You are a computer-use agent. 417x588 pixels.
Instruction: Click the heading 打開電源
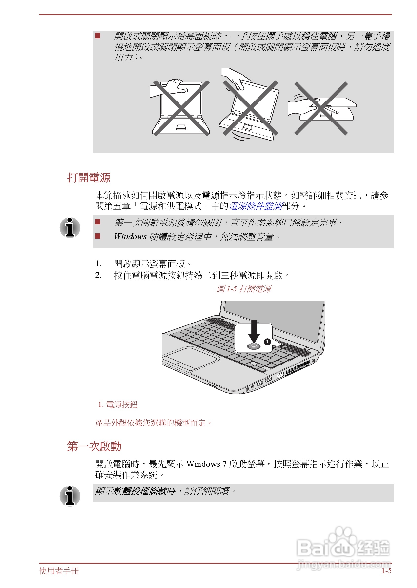point(89,178)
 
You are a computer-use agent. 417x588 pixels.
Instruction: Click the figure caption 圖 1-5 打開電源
point(243,289)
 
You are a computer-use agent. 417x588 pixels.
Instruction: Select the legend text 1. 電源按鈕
point(118,405)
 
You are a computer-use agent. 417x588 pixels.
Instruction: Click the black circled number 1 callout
point(267,342)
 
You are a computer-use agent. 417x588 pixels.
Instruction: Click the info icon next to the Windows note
point(70,227)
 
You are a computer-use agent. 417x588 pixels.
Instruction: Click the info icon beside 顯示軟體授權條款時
point(70,496)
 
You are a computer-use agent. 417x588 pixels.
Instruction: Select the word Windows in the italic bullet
point(130,237)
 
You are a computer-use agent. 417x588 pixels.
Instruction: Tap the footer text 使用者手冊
point(59,570)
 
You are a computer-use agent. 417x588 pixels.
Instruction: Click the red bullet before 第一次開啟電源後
point(98,222)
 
